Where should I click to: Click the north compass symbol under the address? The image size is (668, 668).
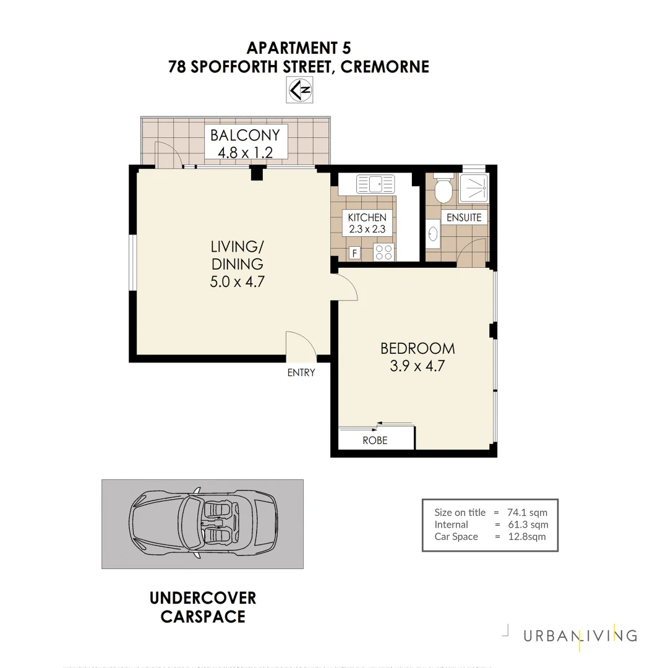coord(299,90)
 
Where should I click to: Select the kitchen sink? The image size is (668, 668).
coord(375,184)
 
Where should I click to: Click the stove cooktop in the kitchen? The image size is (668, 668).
coord(384,252)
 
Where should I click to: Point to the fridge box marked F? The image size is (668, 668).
coord(354,252)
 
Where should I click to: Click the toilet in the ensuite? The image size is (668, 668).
coord(442,191)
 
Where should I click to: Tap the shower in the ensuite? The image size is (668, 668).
coord(474,187)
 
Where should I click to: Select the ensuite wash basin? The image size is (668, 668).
coord(433,234)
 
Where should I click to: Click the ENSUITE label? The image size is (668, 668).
coord(463,218)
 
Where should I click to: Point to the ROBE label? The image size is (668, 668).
coord(375,440)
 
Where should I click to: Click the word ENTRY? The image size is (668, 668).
coord(301,372)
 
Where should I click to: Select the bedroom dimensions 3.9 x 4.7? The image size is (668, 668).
coord(417,366)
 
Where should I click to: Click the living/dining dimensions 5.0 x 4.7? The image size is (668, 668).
coord(238,282)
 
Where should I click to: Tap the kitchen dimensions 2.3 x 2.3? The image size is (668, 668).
coord(367,229)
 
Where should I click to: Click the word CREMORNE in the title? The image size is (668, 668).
coord(385,67)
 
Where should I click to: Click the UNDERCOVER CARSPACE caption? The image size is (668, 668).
coord(203,607)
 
